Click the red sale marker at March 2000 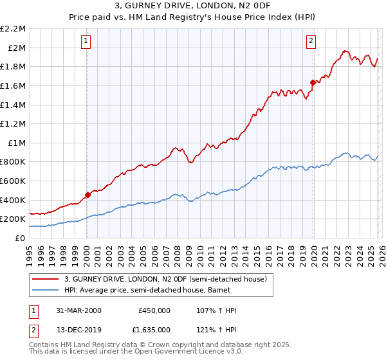[87, 195]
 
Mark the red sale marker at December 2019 [313, 82]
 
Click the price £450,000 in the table [154, 310]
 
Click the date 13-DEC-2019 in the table [76, 330]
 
